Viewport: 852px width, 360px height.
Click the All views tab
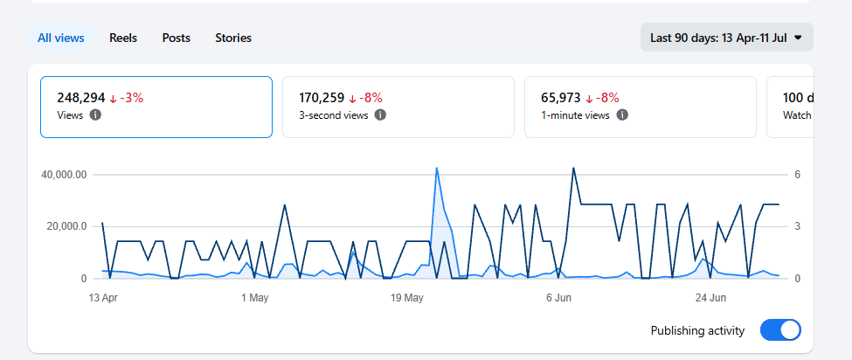coord(61,38)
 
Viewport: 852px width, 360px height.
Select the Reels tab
coord(123,38)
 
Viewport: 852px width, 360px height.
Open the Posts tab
coord(176,38)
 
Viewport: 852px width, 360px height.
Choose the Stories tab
coord(233,38)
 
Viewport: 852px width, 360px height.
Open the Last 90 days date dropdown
coord(726,38)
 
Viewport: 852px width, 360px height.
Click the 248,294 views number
coord(81,98)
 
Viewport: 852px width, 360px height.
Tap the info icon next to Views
coord(95,115)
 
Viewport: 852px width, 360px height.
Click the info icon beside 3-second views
coord(380,115)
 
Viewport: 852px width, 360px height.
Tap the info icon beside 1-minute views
coord(623,115)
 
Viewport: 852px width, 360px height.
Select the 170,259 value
coord(322,98)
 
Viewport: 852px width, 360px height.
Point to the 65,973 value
coord(561,98)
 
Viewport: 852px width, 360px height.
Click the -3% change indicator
coord(126,98)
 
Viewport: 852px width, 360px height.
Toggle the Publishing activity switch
coord(780,330)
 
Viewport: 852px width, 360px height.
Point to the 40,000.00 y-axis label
coord(64,175)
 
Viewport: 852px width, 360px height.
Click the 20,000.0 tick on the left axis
coord(66,226)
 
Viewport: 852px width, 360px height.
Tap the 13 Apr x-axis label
coord(103,298)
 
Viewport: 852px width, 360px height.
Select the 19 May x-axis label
coord(407,298)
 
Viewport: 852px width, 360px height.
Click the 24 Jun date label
coord(710,298)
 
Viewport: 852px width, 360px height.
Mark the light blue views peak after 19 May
coord(436,168)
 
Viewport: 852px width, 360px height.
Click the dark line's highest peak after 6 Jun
coord(573,168)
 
